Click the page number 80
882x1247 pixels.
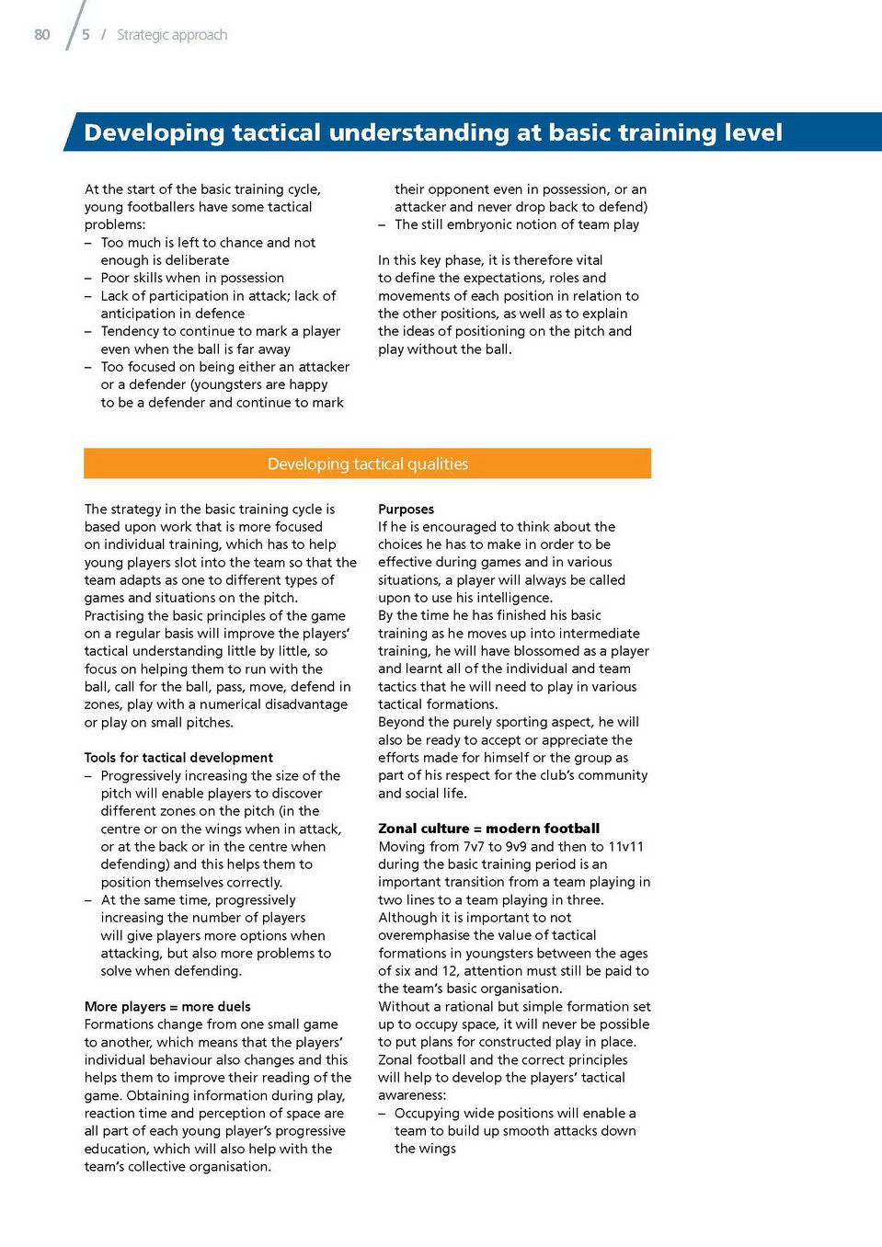(42, 35)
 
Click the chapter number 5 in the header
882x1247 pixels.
(86, 35)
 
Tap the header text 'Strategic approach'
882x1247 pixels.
(172, 35)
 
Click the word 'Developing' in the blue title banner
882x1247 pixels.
(154, 133)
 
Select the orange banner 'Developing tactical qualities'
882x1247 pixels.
(367, 464)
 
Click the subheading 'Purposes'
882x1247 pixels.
(406, 509)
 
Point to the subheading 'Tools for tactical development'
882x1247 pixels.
(178, 758)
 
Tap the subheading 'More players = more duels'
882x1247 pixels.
(167, 1007)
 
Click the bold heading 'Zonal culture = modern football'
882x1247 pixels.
(488, 829)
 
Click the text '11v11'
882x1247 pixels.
(625, 846)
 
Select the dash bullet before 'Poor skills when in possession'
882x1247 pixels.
(88, 278)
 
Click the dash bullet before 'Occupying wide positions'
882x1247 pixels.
(382, 1114)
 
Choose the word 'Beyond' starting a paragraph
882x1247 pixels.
(402, 722)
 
